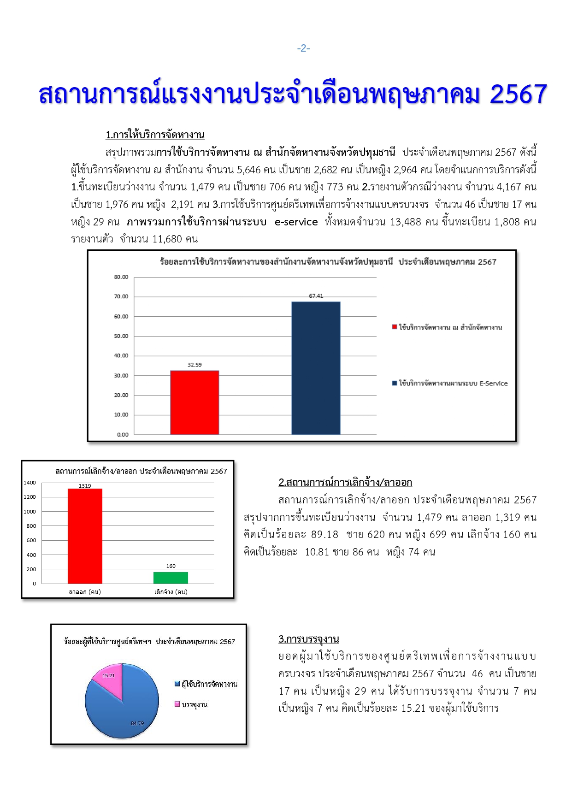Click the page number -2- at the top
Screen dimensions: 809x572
pyautogui.click(x=303, y=48)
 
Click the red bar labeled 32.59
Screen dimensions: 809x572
pyautogui.click(x=195, y=402)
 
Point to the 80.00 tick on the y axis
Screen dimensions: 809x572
pyautogui.click(x=121, y=277)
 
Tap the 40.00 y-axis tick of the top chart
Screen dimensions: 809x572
pyautogui.click(x=121, y=356)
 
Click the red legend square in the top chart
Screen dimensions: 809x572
pyautogui.click(x=395, y=327)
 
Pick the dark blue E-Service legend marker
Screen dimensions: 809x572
pyautogui.click(x=395, y=384)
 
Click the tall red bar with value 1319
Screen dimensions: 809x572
pyautogui.click(x=85, y=536)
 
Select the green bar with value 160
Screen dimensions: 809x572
pyautogui.click(x=171, y=578)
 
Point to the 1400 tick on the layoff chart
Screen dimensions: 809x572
pyautogui.click(x=30, y=483)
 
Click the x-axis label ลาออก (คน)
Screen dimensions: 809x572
pyautogui.click(x=85, y=592)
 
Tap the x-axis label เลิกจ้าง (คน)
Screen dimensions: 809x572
pyautogui.click(x=171, y=592)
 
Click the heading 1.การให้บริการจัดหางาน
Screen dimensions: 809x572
pyautogui.click(x=155, y=135)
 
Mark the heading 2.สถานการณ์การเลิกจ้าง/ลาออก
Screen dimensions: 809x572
pyautogui.click(x=345, y=483)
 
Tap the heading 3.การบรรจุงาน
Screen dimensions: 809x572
pyautogui.click(x=308, y=639)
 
